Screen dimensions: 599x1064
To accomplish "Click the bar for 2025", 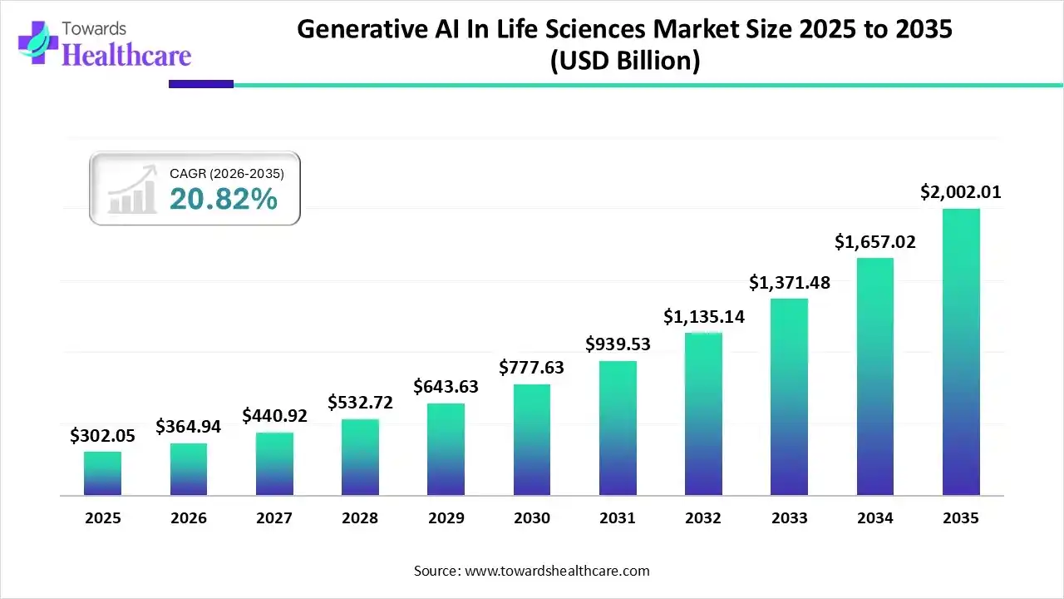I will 102,473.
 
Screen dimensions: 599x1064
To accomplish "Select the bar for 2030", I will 532,440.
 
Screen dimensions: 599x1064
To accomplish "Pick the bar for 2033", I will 789,397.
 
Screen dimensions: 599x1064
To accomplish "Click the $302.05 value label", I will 102,435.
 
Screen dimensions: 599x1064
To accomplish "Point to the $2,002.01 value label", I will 961,192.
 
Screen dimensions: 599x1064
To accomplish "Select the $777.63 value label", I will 532,367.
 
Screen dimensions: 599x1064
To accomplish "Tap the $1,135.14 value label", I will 703,316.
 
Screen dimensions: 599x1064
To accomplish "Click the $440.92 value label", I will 274,415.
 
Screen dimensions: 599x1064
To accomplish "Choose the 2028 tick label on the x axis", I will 360,518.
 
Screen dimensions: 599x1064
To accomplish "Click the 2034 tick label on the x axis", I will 875,518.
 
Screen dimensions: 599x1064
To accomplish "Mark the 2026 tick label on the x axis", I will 189,518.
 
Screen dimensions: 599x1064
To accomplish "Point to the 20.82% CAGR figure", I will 223,199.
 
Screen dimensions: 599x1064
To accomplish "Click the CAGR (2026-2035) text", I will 226,174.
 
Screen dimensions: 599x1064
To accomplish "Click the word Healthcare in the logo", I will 126,55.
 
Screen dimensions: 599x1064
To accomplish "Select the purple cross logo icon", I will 37,42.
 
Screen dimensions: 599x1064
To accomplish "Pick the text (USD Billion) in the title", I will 624,61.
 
